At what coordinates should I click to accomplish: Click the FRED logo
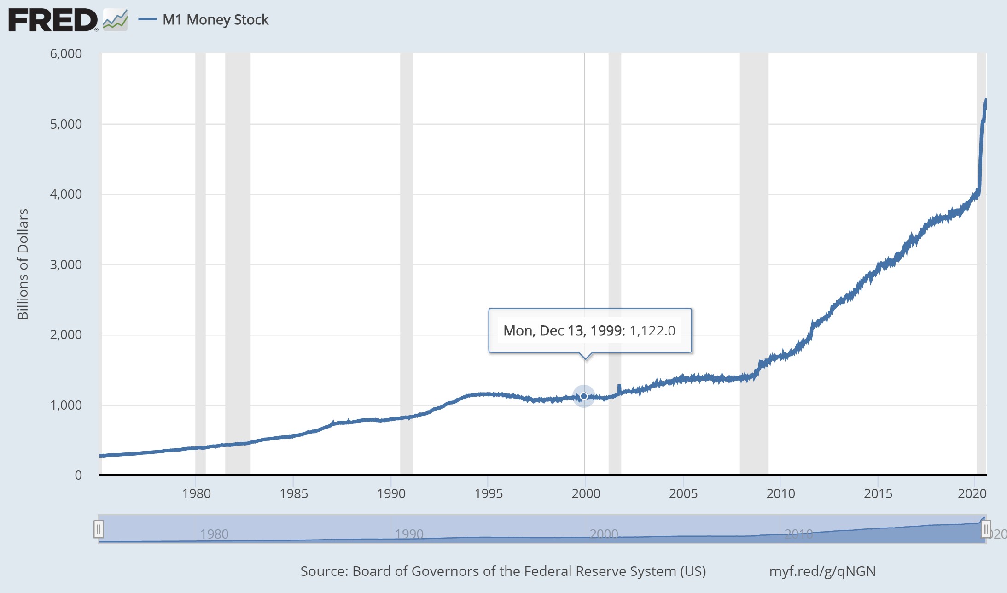coord(53,20)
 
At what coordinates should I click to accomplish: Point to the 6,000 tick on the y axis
coord(66,53)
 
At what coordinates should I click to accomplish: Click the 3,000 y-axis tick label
coord(66,264)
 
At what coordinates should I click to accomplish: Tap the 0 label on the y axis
coord(78,475)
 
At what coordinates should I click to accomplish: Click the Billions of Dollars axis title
coord(23,264)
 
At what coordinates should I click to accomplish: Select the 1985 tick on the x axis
coord(294,493)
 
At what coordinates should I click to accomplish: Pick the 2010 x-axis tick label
coord(780,493)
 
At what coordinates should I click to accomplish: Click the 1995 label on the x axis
coord(489,493)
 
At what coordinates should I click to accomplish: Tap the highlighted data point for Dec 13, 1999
coord(584,396)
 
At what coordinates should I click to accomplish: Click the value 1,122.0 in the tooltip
coord(652,331)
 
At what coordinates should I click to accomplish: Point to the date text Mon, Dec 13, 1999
coord(564,331)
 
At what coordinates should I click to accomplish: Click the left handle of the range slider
coord(99,529)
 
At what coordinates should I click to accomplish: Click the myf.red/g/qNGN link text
coord(822,571)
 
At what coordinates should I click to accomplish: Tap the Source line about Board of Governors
coord(503,571)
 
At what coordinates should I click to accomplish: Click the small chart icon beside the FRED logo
coord(115,20)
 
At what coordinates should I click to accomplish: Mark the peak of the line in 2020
coord(985,100)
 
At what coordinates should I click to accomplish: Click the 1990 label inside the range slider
coord(409,534)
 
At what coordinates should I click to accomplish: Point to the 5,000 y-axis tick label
coord(66,124)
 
